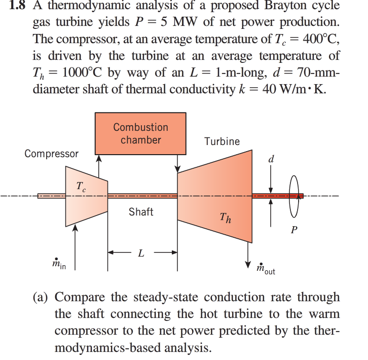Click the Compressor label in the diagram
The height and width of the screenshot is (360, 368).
point(51,153)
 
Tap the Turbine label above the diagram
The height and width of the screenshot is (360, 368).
point(222,141)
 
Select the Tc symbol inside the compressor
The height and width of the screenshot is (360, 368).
point(81,186)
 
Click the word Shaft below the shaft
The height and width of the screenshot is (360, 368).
point(140,212)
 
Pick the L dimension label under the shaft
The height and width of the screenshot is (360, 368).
point(142,252)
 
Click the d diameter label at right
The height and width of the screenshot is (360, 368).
point(271,159)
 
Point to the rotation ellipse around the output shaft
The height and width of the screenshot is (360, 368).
point(293,196)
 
